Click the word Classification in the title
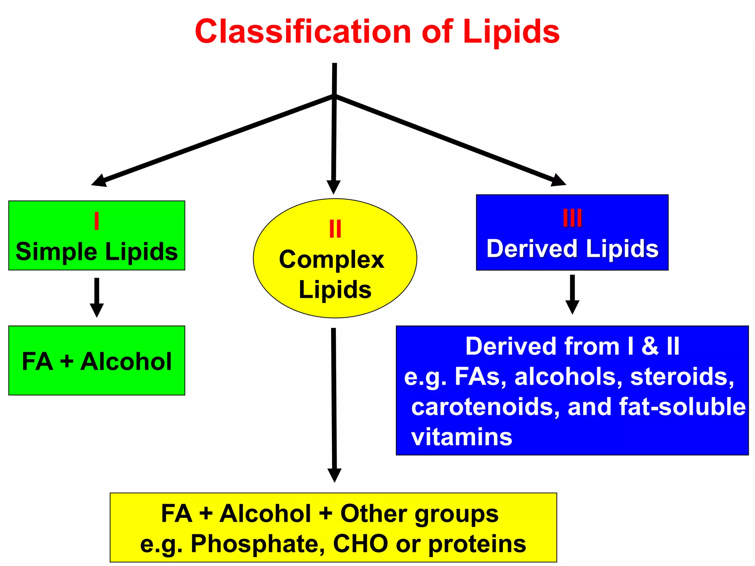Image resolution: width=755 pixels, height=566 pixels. (303, 32)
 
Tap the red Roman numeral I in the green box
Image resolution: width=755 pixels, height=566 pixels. (97, 221)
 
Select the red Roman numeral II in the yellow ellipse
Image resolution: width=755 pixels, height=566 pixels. (335, 229)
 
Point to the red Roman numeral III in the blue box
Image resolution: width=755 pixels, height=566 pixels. (572, 218)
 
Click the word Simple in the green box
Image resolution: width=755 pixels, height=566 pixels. (56, 252)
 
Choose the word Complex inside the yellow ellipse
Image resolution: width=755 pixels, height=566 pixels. (331, 260)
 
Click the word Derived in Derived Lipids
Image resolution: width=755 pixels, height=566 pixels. (532, 249)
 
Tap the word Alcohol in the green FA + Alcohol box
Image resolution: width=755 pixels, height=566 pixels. (126, 361)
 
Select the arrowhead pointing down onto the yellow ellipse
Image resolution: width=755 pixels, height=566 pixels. (333, 187)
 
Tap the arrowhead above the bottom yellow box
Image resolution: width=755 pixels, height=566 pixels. (334, 475)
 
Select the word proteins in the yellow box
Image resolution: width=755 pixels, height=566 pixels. (477, 544)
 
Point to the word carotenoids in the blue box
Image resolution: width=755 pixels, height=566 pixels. (485, 407)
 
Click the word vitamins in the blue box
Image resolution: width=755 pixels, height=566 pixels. (462, 437)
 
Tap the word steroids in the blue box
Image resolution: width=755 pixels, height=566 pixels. (682, 377)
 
